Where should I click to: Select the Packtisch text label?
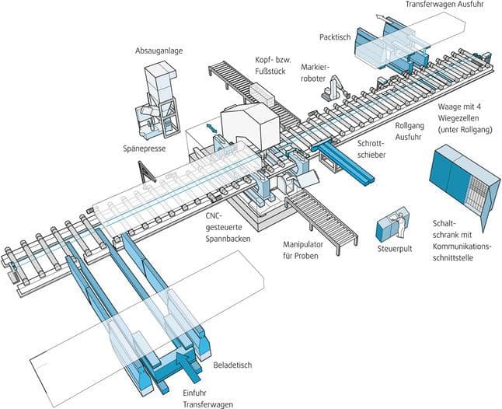pyautogui.click(x=336, y=37)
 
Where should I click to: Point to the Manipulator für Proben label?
pyautogui.click(x=308, y=250)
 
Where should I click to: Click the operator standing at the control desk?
pyautogui.click(x=402, y=222)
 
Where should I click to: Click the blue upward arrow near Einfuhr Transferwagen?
pyautogui.click(x=187, y=362)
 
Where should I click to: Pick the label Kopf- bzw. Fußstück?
pyautogui.click(x=272, y=65)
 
